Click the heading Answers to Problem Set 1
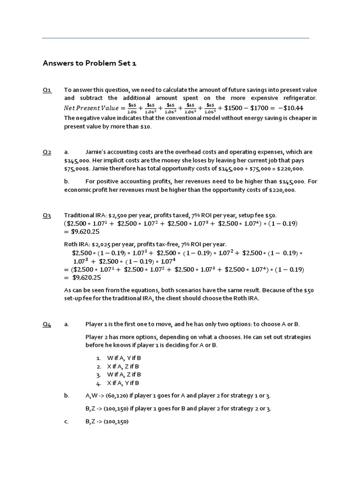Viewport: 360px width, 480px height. pos(90,63)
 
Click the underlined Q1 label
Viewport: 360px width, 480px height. pos(47,90)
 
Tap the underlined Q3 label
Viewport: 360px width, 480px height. pos(47,215)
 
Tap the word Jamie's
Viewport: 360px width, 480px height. pos(97,152)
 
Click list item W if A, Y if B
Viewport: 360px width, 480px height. pos(124,358)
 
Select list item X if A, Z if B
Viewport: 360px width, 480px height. pos(124,366)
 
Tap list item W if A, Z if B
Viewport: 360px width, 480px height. pos(124,375)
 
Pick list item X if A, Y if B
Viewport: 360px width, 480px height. pos(124,383)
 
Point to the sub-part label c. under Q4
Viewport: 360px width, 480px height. pos(66,421)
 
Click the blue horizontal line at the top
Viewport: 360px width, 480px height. pos(176,38)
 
